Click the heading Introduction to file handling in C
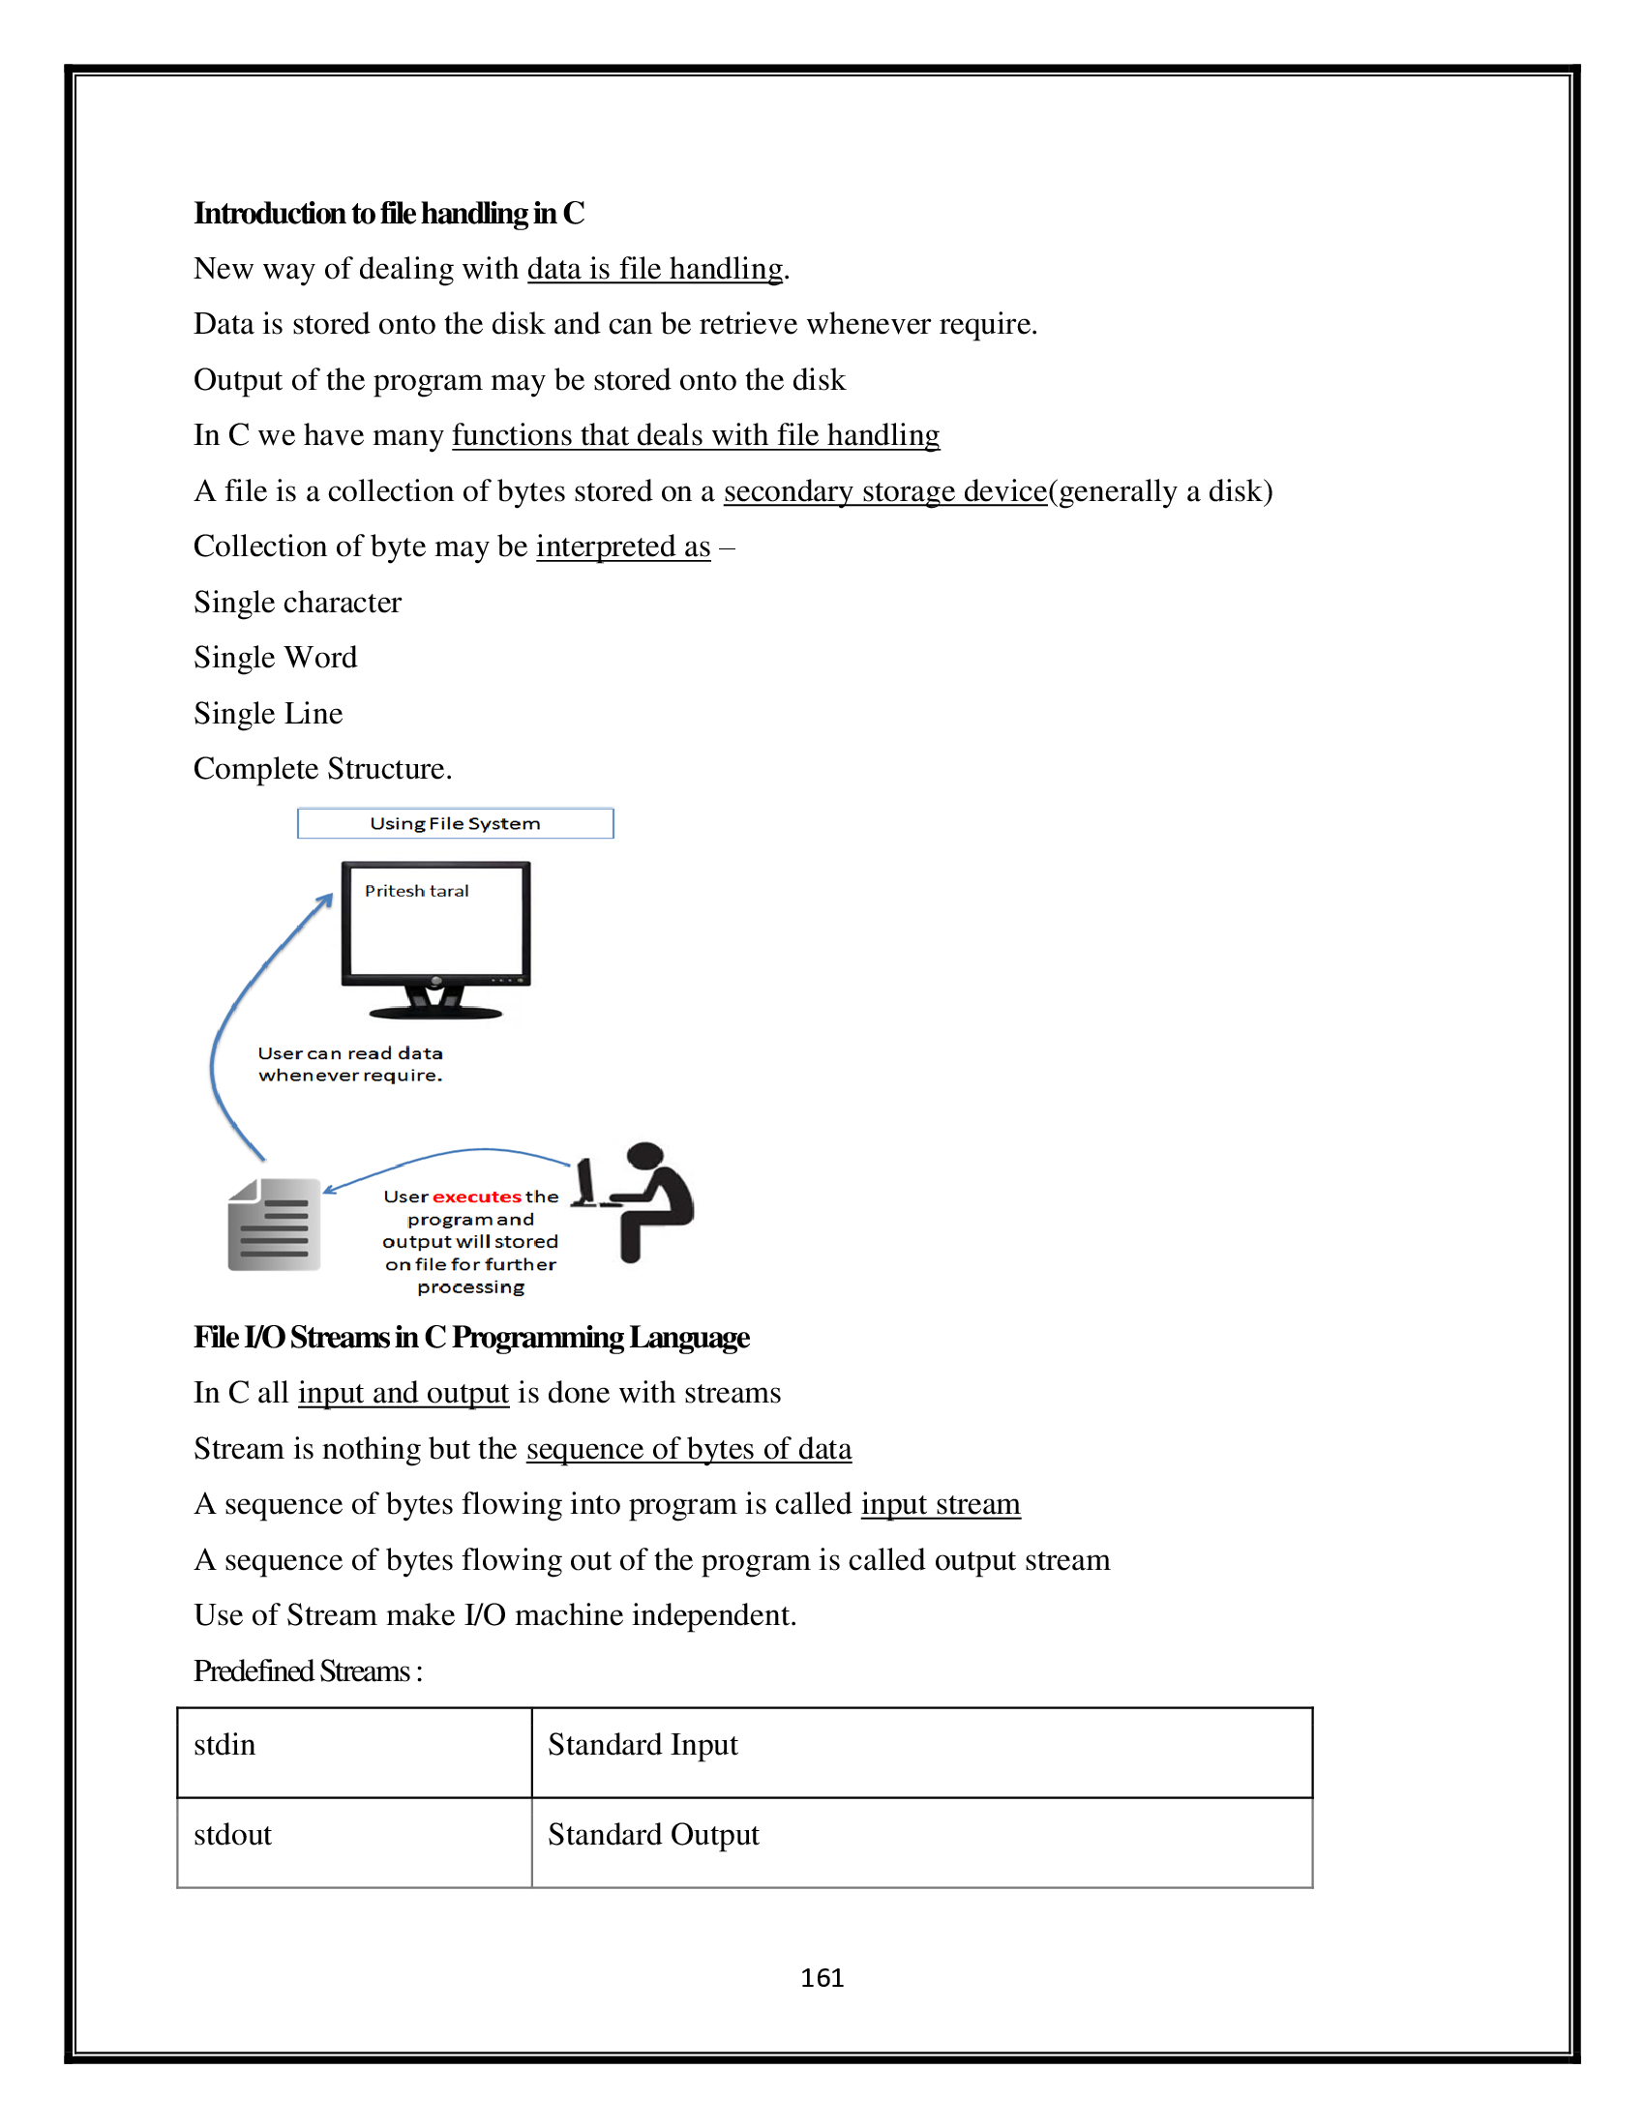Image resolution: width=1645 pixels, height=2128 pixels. (388, 214)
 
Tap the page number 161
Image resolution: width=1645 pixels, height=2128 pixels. (822, 1977)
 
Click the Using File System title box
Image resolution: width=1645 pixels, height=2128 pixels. (455, 823)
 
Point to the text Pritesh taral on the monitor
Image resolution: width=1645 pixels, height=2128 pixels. (416, 891)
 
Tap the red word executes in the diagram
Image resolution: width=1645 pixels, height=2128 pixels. (476, 1197)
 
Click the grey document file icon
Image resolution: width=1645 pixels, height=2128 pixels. (274, 1225)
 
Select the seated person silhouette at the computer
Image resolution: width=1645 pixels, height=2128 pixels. (643, 1200)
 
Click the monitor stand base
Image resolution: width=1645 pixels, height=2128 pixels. (435, 1013)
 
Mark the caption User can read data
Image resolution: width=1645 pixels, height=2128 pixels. (350, 1053)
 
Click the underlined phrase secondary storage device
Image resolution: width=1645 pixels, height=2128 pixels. (883, 491)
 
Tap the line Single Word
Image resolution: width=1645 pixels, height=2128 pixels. (275, 658)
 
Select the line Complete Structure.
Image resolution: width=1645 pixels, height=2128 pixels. (322, 769)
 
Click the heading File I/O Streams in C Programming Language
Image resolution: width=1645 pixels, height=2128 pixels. (470, 1338)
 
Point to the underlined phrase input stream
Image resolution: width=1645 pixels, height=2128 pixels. (940, 1504)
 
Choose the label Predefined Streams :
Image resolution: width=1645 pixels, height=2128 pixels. (307, 1671)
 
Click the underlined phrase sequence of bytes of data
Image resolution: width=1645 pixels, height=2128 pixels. (688, 1449)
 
